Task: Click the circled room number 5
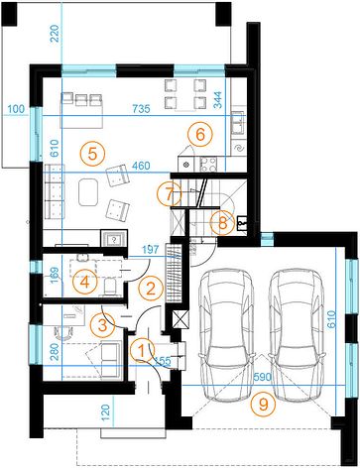pos(92,154)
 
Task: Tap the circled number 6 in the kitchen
pos(200,134)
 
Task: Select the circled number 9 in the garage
pos(263,404)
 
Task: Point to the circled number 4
pos(85,282)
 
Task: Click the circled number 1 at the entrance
pos(142,350)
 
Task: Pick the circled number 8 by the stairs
pos(223,223)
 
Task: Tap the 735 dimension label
pos(141,108)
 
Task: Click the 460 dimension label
pos(141,166)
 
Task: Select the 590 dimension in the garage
pos(263,377)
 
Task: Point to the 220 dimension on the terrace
pos(55,34)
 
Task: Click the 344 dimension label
pos(218,99)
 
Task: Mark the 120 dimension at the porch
pos(106,411)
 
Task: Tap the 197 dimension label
pos(151,250)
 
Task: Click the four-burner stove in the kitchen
pos(208,164)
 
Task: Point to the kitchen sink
pos(237,123)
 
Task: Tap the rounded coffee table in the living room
pos(88,192)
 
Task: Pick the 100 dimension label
pos(16,108)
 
